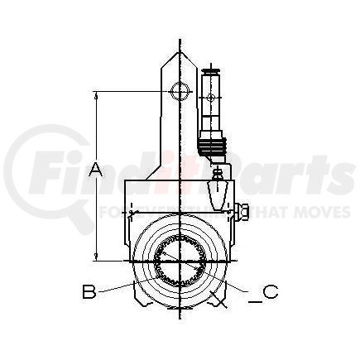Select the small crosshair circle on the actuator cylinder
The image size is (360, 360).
click(x=210, y=98)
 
